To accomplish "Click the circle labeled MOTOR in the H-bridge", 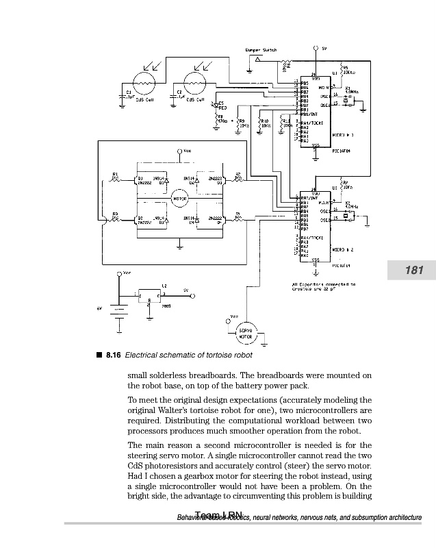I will (179, 199).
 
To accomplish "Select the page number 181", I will (414, 271).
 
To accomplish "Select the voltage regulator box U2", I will (149, 294).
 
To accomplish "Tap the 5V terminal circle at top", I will (315, 49).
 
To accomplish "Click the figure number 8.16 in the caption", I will (113, 355).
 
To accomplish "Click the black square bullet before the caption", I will (99, 355).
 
